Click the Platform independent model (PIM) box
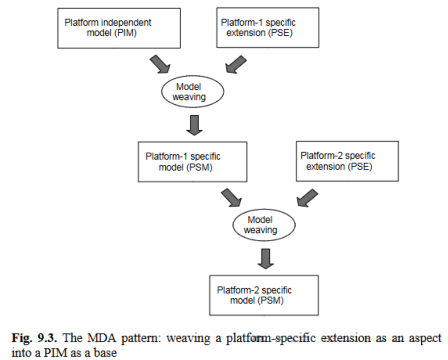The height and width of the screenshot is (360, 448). coord(118,28)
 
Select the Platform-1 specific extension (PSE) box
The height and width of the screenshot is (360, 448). coord(268,28)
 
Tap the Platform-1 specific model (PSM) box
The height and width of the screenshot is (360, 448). coord(192,162)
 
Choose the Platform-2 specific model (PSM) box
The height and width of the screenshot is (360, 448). coord(263,294)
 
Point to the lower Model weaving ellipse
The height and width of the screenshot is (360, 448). coord(264,225)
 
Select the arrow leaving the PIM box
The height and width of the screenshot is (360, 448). coord(160,63)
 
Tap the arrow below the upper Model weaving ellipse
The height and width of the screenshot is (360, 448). coord(194,124)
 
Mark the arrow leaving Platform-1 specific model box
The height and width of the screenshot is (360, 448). coord(231,198)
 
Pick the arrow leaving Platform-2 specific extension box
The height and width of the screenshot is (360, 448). coord(307,198)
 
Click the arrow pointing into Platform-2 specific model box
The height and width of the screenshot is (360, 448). coord(265,258)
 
